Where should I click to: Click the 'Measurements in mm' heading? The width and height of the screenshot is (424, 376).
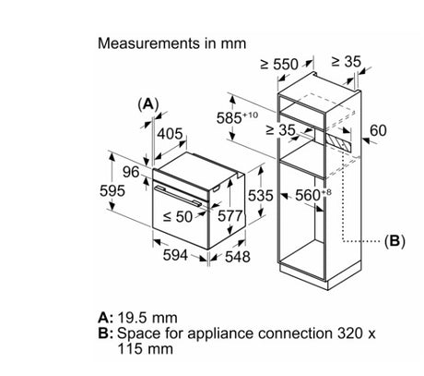(x=171, y=43)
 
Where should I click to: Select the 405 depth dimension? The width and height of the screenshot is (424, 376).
(x=171, y=134)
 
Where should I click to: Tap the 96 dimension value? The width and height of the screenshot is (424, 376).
(x=131, y=172)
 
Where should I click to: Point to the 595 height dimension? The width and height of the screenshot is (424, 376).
(x=112, y=190)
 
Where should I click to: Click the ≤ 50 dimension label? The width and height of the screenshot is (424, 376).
(x=178, y=217)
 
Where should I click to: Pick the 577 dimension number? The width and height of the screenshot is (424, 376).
(x=230, y=216)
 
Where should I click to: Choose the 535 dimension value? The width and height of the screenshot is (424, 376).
(x=261, y=195)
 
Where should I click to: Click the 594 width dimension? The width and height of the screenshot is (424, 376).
(x=175, y=255)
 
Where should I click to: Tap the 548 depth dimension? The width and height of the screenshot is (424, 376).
(x=238, y=257)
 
